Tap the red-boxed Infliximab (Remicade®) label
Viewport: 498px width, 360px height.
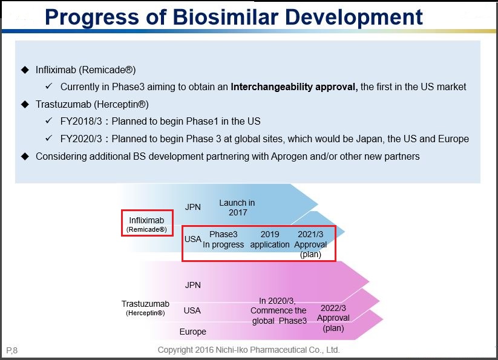pyautogui.click(x=147, y=223)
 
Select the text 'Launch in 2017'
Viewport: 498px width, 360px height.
pyautogui.click(x=237, y=208)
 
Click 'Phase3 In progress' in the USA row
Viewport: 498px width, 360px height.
pyautogui.click(x=223, y=240)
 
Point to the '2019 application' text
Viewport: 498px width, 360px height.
pyautogui.click(x=270, y=240)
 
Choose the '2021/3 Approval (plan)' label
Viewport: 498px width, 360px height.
pyautogui.click(x=310, y=244)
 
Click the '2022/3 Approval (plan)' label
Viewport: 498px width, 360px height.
pyautogui.click(x=333, y=318)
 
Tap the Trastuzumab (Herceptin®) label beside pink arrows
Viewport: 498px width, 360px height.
pyautogui.click(x=145, y=308)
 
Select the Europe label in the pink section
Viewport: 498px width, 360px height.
pyautogui.click(x=192, y=332)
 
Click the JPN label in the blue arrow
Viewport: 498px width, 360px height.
pyautogui.click(x=192, y=208)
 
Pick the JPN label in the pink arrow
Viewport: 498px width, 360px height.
pyautogui.click(x=192, y=285)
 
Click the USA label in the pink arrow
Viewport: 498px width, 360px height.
pyautogui.click(x=192, y=310)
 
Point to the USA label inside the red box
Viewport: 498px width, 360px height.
pyautogui.click(x=192, y=239)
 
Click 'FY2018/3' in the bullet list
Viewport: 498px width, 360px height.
pyautogui.click(x=80, y=121)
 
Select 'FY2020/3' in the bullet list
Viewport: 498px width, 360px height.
pyautogui.click(x=80, y=139)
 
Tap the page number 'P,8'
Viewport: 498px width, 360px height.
pyautogui.click(x=11, y=350)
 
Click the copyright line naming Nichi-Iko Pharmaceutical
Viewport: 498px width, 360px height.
pyautogui.click(x=249, y=350)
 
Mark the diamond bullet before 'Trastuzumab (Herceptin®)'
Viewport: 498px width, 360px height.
pyautogui.click(x=25, y=104)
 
